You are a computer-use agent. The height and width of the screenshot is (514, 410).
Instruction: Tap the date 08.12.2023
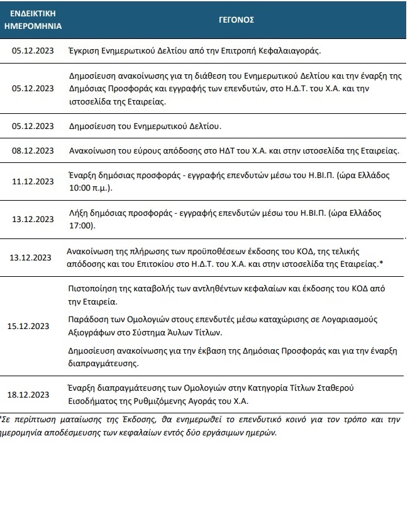[33, 151]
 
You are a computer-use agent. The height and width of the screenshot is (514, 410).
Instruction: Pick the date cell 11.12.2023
[33, 181]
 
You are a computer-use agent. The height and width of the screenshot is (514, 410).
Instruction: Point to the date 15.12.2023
[28, 326]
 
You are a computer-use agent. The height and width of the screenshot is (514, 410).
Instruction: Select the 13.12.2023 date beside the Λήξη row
[33, 219]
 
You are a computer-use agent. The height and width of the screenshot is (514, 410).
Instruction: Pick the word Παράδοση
[87, 320]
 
